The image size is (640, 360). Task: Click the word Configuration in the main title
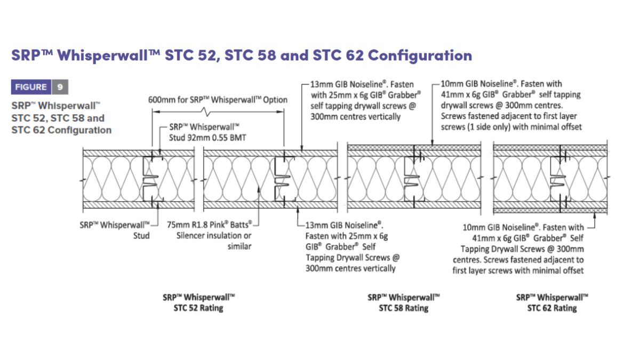point(420,55)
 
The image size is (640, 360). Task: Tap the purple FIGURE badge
point(31,87)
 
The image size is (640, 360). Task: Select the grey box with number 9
point(60,87)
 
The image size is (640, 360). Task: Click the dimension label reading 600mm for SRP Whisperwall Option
point(218,100)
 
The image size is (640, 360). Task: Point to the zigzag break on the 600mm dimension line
point(206,111)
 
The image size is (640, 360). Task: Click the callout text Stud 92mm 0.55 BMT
point(207,138)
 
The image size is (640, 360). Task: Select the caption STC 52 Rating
point(198,308)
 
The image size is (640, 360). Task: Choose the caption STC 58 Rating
point(404,308)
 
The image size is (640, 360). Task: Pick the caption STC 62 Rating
point(552,308)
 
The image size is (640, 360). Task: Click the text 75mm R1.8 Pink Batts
point(210,225)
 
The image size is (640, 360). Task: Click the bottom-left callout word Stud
point(141,236)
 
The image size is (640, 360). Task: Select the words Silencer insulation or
point(214,236)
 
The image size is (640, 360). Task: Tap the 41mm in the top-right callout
point(452,94)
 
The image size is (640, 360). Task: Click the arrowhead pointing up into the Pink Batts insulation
point(259,190)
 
